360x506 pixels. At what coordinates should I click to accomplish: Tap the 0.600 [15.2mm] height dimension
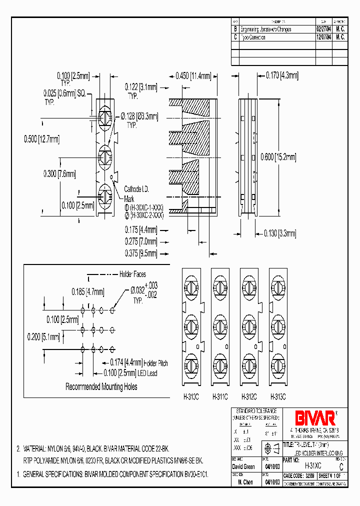278,157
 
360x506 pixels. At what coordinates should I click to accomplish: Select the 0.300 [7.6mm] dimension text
59,174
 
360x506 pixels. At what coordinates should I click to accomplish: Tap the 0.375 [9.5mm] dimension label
141,253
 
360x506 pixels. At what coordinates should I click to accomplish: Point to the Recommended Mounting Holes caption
101,386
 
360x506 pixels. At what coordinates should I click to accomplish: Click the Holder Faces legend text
132,274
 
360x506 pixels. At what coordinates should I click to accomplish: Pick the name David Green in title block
244,466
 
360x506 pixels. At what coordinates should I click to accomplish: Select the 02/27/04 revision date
323,29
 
